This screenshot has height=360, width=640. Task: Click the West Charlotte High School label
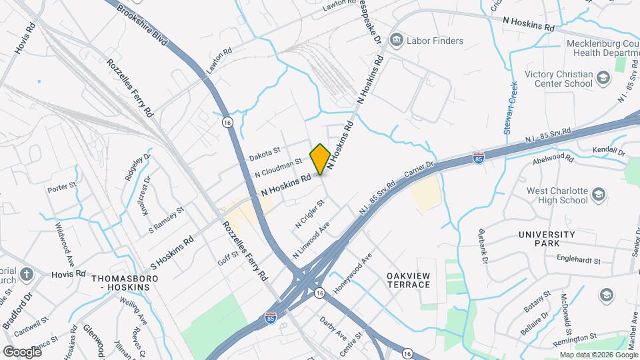[557, 195]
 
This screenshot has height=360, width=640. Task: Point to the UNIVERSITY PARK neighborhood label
[547, 239]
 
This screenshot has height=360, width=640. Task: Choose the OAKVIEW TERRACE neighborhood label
[408, 280]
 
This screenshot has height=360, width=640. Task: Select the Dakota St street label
[265, 155]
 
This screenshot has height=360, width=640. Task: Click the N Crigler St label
[310, 215]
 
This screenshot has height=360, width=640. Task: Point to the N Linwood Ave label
[311, 241]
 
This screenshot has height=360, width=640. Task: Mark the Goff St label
[228, 255]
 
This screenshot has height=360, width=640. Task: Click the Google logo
[22, 351]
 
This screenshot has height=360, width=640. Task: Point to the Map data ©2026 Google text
[599, 355]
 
